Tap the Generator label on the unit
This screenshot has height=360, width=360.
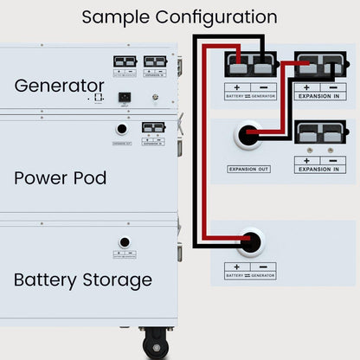59,86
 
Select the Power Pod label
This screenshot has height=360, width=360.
61,178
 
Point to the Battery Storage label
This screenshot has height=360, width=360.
83,280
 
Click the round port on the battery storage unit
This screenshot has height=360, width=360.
125,242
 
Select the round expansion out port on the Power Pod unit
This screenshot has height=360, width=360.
121,129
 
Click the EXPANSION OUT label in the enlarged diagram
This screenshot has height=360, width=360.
248,169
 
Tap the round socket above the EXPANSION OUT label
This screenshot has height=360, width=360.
248,136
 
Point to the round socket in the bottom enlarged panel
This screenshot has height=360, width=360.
251,242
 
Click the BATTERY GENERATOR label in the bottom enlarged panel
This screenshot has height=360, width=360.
250,275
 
